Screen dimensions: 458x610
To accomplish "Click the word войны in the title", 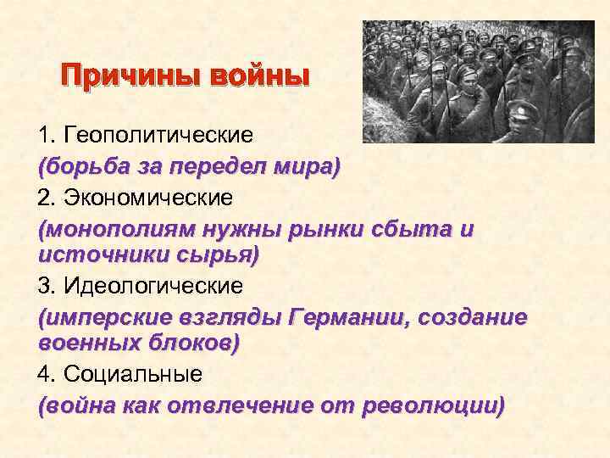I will coord(255,80).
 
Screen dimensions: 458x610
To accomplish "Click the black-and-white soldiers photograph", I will coord(479,81).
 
